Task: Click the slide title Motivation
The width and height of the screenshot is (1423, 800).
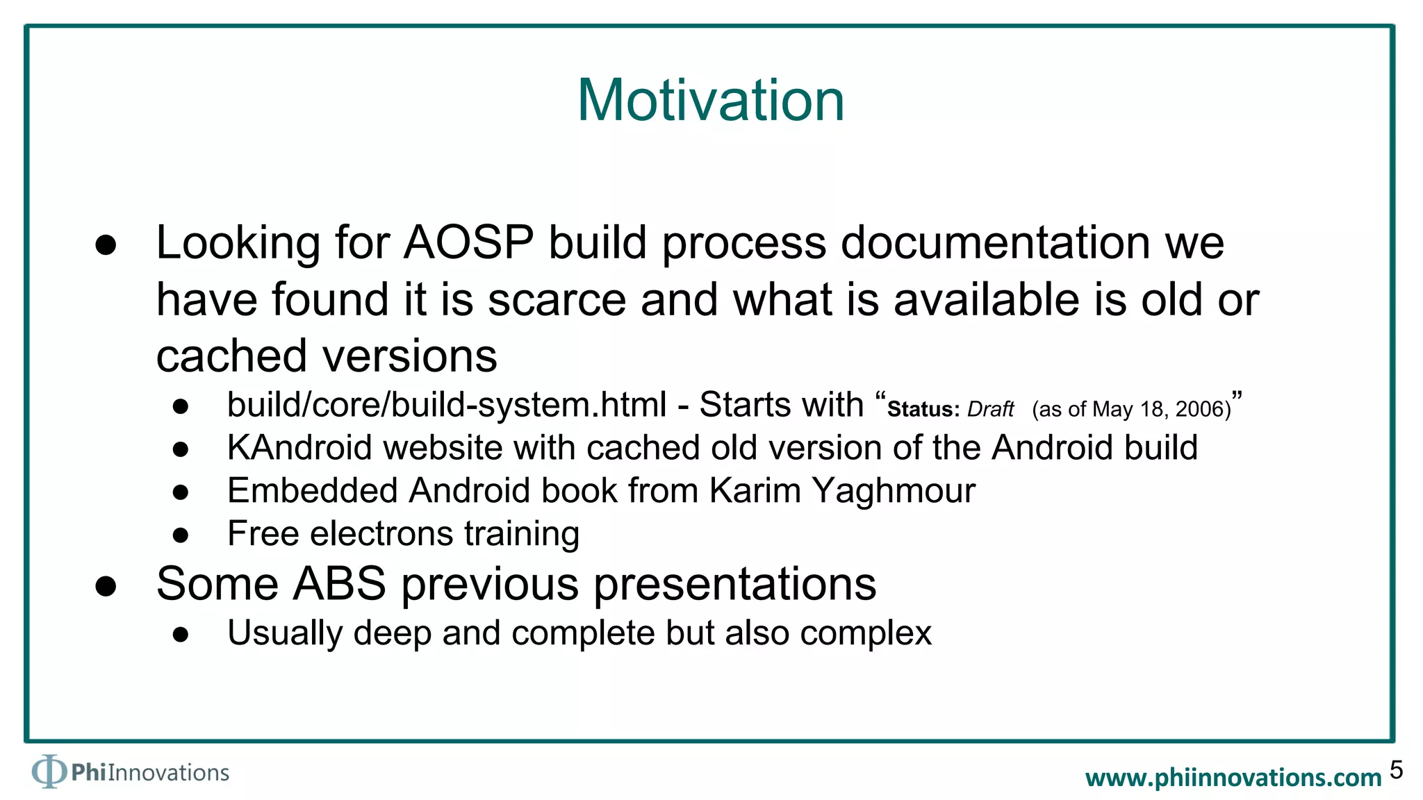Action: [x=711, y=101]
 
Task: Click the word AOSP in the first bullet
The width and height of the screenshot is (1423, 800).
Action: [x=468, y=243]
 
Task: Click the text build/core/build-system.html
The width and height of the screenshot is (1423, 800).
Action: [x=447, y=405]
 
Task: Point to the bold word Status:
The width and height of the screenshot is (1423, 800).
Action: [x=923, y=410]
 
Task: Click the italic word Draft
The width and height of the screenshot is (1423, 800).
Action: [x=990, y=410]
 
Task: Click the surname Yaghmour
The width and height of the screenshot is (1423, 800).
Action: [x=894, y=491]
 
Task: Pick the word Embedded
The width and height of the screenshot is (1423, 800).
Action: [x=312, y=491]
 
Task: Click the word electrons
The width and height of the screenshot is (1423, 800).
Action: [x=381, y=534]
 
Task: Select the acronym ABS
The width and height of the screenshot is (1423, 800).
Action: [x=340, y=584]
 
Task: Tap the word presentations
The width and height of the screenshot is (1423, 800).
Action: [x=734, y=584]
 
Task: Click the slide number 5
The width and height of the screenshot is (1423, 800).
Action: [x=1396, y=770]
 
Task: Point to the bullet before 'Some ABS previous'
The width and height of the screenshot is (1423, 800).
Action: [x=106, y=586]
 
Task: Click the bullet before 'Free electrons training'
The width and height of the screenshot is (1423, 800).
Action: [x=181, y=535]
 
